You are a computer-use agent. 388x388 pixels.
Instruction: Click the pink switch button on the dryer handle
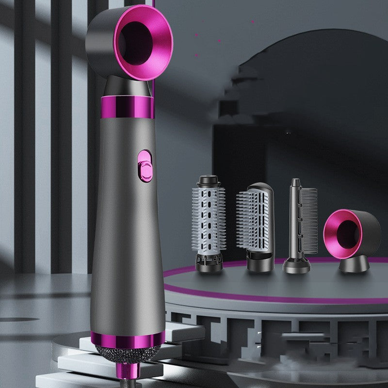[x=144, y=163]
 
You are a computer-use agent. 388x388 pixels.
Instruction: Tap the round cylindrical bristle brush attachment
[x=208, y=218]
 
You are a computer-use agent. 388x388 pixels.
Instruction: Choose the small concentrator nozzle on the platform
[x=352, y=238]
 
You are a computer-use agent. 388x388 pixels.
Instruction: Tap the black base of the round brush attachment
[x=209, y=262]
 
